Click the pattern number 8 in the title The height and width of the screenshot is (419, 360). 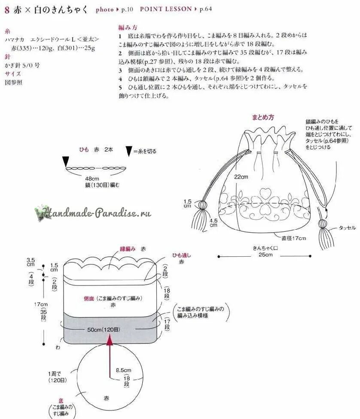click(x=6, y=9)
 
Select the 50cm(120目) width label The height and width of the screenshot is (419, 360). click(x=104, y=329)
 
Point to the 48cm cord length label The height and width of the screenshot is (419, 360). click(x=92, y=179)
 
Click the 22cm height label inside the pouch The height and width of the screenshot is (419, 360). click(x=241, y=177)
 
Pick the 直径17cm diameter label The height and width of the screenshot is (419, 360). click(x=293, y=238)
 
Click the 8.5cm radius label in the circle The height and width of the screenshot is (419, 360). click(x=124, y=370)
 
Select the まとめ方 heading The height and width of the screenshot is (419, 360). click(x=263, y=117)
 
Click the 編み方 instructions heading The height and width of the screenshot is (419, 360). click(x=125, y=26)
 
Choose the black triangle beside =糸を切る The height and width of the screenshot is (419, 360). click(x=129, y=151)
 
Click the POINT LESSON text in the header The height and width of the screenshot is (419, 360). click(x=165, y=9)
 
